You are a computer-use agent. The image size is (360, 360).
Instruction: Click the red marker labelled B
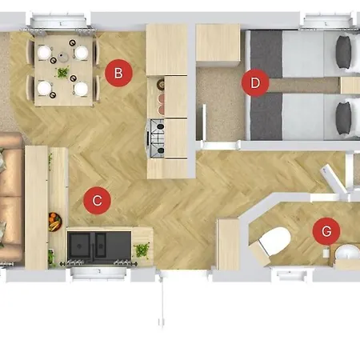coord(118,73)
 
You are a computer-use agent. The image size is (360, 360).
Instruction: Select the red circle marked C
coord(97,201)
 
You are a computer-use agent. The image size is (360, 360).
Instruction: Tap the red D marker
coord(255,82)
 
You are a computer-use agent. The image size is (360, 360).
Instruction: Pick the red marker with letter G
coord(326,231)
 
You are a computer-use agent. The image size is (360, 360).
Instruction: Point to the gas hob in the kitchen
coord(157,138)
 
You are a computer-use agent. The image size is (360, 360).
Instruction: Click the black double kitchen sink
coord(99,246)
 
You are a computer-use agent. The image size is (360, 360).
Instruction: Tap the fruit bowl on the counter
coord(55,222)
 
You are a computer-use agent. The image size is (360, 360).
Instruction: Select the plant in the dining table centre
coord(62,72)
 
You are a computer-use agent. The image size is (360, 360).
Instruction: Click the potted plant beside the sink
coord(142,250)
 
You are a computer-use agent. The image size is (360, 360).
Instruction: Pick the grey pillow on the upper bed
coord(343,52)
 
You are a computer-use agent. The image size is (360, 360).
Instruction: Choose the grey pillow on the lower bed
coord(343,118)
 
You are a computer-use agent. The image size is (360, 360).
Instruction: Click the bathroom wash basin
coord(347,253)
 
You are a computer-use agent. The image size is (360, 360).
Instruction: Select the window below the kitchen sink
coord(98,273)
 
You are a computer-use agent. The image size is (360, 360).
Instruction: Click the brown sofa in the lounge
coord(10,198)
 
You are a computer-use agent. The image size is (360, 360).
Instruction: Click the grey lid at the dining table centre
coord(63,57)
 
